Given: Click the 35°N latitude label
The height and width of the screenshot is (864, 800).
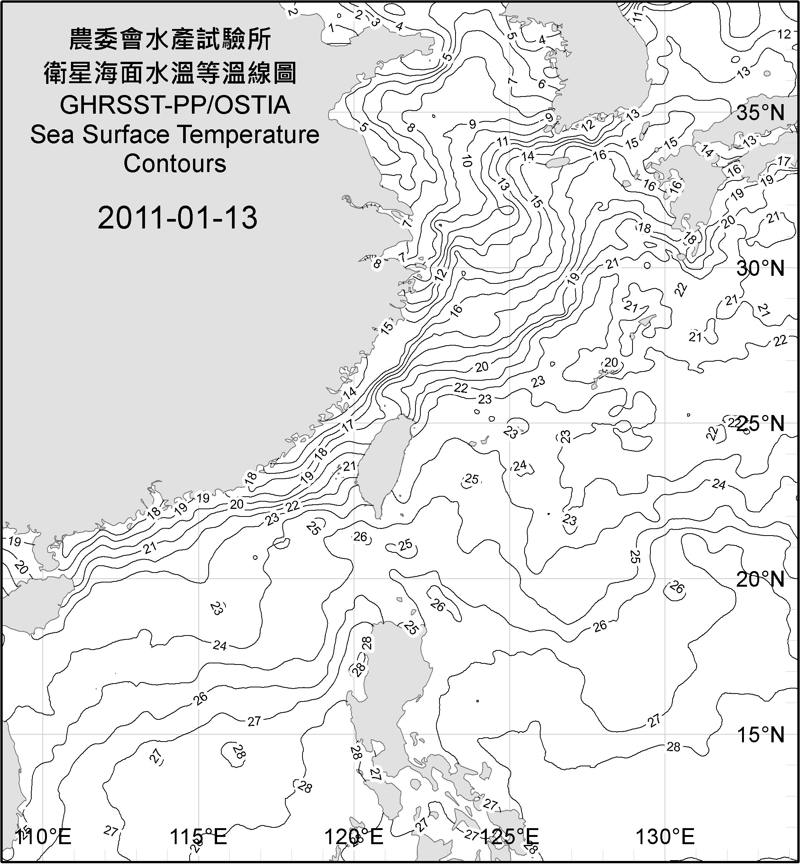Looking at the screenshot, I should click(760, 113).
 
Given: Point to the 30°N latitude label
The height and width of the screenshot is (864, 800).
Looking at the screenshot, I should click(760, 269).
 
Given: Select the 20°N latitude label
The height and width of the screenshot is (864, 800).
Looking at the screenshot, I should click(760, 579).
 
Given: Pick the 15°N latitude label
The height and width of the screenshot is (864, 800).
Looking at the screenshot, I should click(760, 735).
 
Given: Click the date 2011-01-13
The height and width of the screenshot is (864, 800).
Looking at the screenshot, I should click(177, 217).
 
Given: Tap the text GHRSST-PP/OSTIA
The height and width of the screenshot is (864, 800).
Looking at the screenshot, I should click(175, 105).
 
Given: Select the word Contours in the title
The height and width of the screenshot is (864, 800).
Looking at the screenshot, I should click(175, 164).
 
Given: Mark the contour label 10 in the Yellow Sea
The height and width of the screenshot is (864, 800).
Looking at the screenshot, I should click(467, 161).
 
